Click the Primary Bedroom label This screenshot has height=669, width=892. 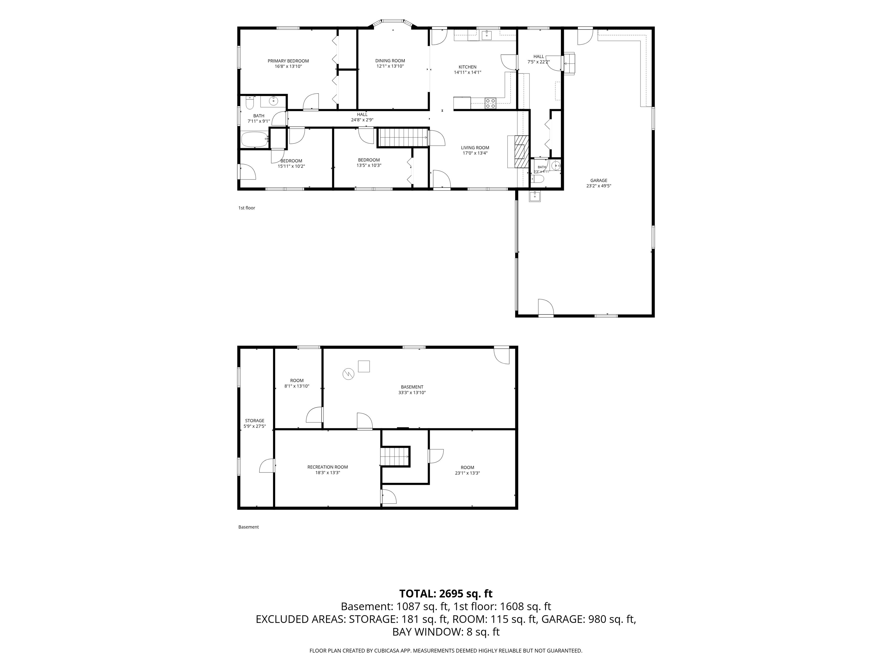[x=288, y=61]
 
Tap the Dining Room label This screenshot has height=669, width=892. [x=390, y=61]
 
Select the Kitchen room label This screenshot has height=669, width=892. [x=467, y=67]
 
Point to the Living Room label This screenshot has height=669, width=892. [x=475, y=148]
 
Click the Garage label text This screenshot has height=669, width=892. [x=598, y=181]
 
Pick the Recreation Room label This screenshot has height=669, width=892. [x=328, y=467]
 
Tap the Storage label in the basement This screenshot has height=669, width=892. [x=254, y=421]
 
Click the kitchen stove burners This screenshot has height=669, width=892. [x=490, y=103]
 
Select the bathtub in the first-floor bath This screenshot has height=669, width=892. [x=255, y=140]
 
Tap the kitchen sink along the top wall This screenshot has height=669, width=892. [x=487, y=35]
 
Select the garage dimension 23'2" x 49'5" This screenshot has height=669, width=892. [x=598, y=186]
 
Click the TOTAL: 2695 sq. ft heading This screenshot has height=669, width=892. [x=446, y=594]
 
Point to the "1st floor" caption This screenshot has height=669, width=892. [x=247, y=208]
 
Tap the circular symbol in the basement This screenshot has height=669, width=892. [x=348, y=374]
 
